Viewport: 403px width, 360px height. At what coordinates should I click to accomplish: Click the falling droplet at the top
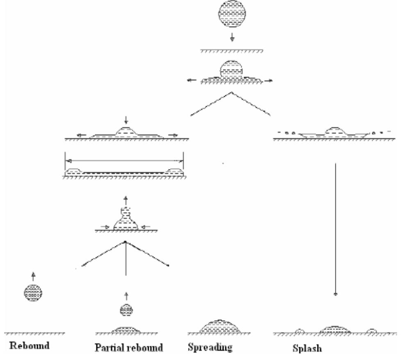[x=231, y=14]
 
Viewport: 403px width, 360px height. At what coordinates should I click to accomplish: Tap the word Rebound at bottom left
[x=30, y=346]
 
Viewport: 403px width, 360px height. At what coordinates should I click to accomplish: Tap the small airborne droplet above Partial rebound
[x=126, y=310]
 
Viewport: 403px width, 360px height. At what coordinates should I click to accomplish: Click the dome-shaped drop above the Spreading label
[x=221, y=326]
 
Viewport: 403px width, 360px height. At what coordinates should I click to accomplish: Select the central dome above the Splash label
[x=335, y=330]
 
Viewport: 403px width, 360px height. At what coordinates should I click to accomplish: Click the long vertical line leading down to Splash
[x=336, y=229]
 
